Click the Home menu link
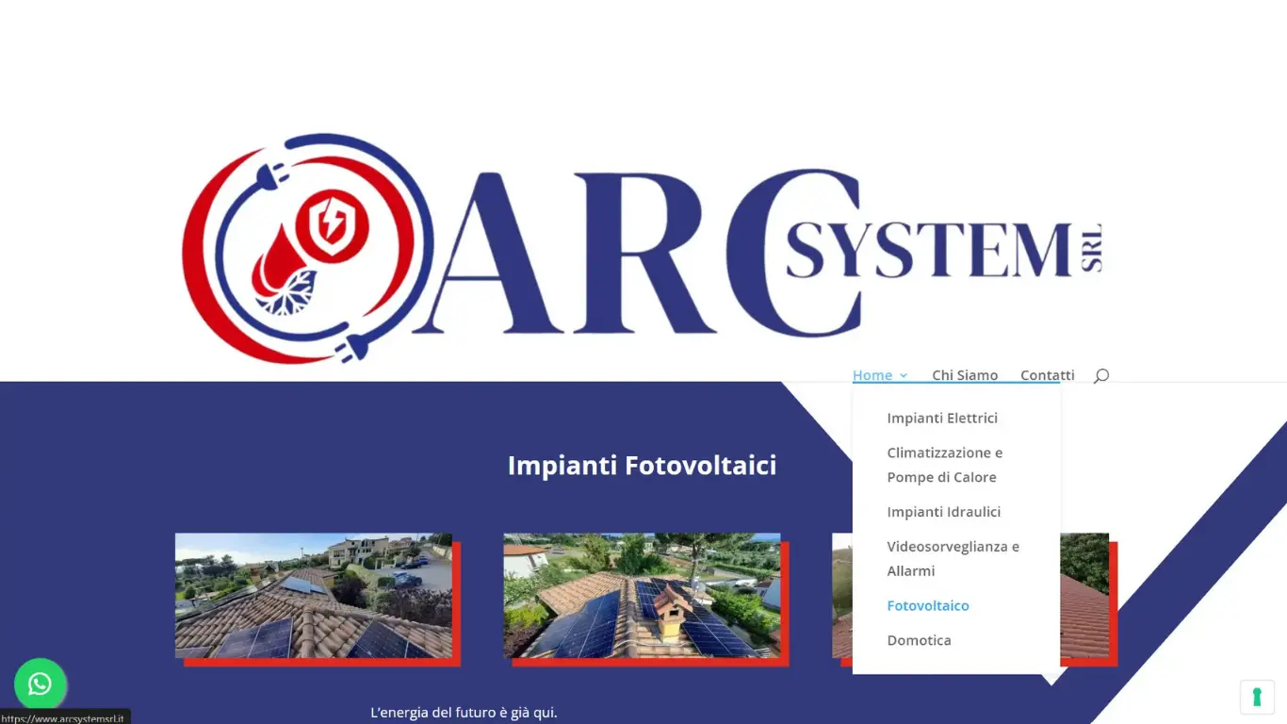[x=872, y=375]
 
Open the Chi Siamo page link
[x=965, y=375]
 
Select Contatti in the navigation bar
[x=1047, y=375]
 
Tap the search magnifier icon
[x=1100, y=375]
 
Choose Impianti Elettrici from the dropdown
[x=942, y=418]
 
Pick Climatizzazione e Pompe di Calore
[x=945, y=465]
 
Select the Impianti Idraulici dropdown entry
[x=943, y=512]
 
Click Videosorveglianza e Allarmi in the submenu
[x=953, y=558]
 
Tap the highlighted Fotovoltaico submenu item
[x=928, y=605]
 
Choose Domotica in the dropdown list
[x=919, y=640]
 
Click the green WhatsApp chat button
[x=40, y=683]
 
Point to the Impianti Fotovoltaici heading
[x=642, y=465]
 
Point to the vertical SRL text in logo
[x=1091, y=248]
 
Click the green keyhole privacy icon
[x=1257, y=697]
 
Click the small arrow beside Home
[x=904, y=375]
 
